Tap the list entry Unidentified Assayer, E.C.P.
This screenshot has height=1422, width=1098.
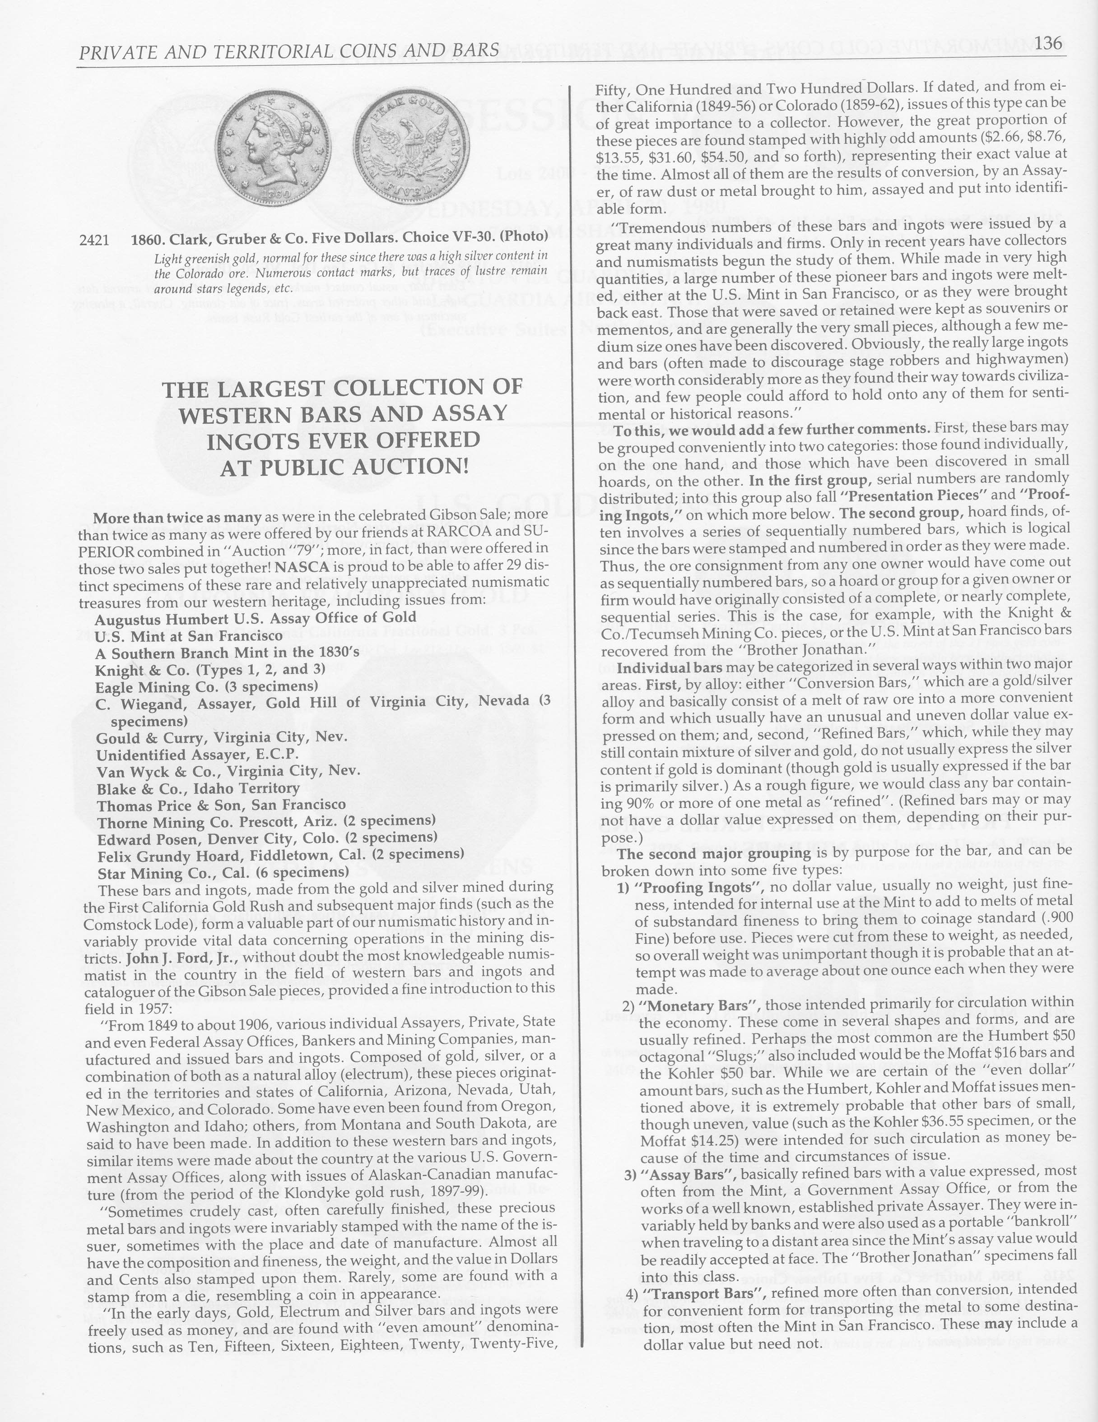click(197, 755)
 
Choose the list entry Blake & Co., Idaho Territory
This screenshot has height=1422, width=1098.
click(199, 788)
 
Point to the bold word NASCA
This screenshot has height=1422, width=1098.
click(298, 566)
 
